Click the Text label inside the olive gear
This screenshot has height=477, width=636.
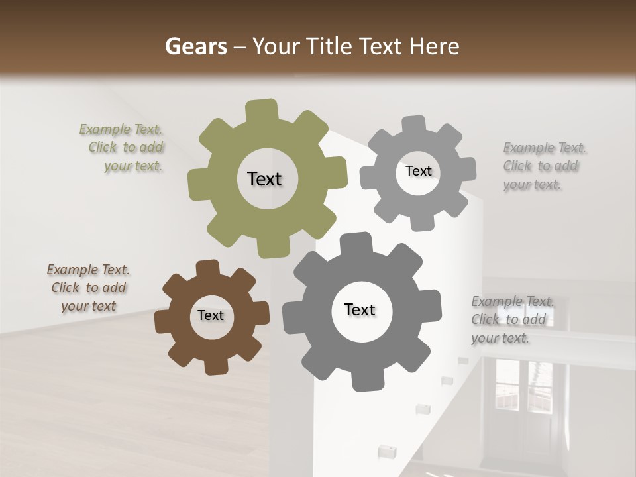coord(264,179)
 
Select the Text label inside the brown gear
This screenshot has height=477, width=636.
coord(211,316)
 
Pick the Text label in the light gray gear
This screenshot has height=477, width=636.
coord(418,171)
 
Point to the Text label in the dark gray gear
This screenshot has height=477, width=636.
coord(360,310)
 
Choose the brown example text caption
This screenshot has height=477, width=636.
coord(88,288)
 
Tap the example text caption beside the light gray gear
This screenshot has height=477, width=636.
coord(543,166)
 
